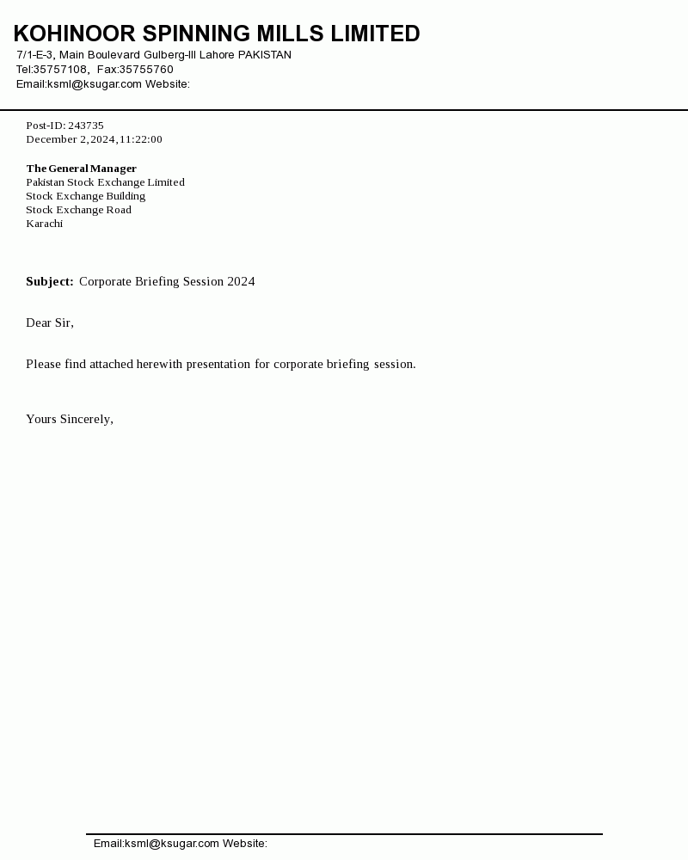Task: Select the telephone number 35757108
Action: (60, 70)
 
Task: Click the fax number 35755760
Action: (146, 70)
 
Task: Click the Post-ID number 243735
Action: (86, 126)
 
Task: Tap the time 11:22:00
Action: (141, 139)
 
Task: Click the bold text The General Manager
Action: (81, 169)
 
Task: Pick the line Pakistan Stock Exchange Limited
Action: (105, 182)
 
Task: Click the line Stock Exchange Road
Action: (78, 210)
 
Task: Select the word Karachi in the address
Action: (44, 224)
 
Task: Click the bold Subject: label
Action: (49, 281)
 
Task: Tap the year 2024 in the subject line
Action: (241, 281)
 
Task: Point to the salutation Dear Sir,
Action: (50, 322)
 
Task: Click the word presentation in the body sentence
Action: (218, 364)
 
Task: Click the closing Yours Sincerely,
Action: (70, 419)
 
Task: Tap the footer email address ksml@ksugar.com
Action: (172, 844)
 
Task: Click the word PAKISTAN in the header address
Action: (265, 55)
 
